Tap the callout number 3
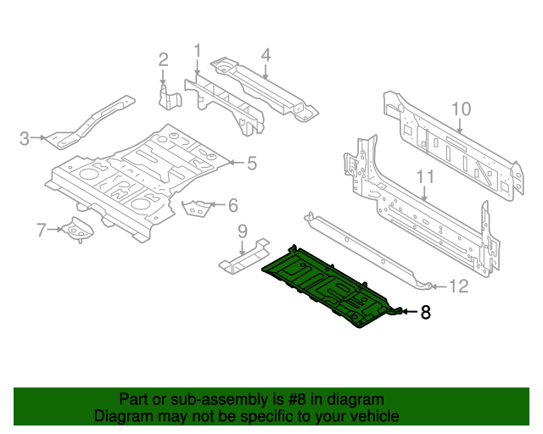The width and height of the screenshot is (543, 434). (x=25, y=138)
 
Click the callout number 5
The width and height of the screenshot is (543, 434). (x=251, y=163)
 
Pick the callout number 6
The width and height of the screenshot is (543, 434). (x=232, y=204)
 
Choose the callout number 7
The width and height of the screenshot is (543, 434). (x=41, y=229)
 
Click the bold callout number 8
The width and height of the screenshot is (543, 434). (x=425, y=313)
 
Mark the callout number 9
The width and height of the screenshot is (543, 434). (x=242, y=231)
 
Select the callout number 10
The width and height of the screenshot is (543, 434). (x=460, y=108)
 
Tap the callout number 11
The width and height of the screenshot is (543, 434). (x=425, y=177)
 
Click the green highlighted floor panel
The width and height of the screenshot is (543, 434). (x=327, y=284)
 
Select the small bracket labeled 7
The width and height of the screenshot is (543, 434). (x=78, y=229)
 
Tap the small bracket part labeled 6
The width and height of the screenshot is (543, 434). (x=198, y=207)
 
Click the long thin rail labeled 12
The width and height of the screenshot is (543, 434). (x=365, y=246)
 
